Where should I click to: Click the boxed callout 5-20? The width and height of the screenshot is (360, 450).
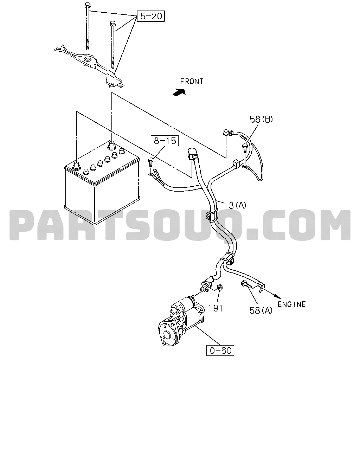(x=150, y=16)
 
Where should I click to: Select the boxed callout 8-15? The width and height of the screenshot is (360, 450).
(x=165, y=141)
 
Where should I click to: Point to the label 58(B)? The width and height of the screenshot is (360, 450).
(x=261, y=119)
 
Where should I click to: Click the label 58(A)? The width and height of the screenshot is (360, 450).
(x=261, y=310)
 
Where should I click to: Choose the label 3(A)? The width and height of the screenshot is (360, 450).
(x=237, y=205)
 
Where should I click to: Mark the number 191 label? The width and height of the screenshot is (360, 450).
(x=216, y=308)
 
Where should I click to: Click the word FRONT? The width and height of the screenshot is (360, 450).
(x=192, y=81)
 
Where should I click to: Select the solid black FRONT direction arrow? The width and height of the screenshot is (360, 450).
(x=179, y=92)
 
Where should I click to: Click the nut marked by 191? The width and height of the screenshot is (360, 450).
(x=219, y=288)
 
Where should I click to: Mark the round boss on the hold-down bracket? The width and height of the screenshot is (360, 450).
(x=88, y=59)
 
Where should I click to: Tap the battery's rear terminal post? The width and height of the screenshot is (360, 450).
(x=111, y=146)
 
